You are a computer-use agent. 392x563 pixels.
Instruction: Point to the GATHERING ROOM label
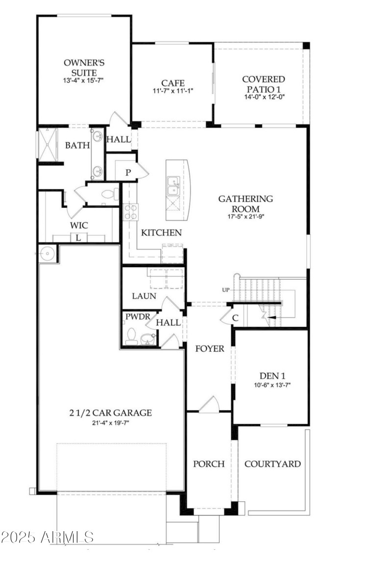pos(245,203)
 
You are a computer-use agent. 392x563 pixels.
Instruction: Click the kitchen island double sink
pos(172,186)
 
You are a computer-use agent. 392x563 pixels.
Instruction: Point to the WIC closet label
pos(79,225)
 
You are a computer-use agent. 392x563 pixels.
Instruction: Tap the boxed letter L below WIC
pos(78,238)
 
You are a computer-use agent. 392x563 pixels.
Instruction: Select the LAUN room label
pos(144,296)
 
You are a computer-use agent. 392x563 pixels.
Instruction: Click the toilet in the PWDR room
pos(131,337)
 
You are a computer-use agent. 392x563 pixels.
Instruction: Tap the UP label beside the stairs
pos(225,290)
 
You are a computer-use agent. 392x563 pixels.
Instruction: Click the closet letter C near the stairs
pos(235,318)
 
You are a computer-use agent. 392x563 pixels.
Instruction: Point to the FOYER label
pos(210,349)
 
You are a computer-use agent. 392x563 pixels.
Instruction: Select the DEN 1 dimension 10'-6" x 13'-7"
pos(270,385)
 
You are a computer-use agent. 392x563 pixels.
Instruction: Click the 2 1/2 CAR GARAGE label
pos(110,413)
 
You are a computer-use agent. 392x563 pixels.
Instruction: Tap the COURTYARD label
pos(272,464)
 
